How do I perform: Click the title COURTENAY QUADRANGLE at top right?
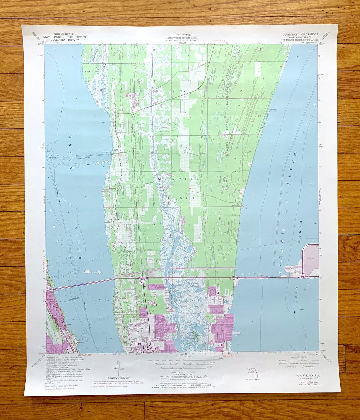(x=300, y=34)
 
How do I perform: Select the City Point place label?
(x=53, y=276)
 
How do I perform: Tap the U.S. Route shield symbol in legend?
(x=285, y=367)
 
